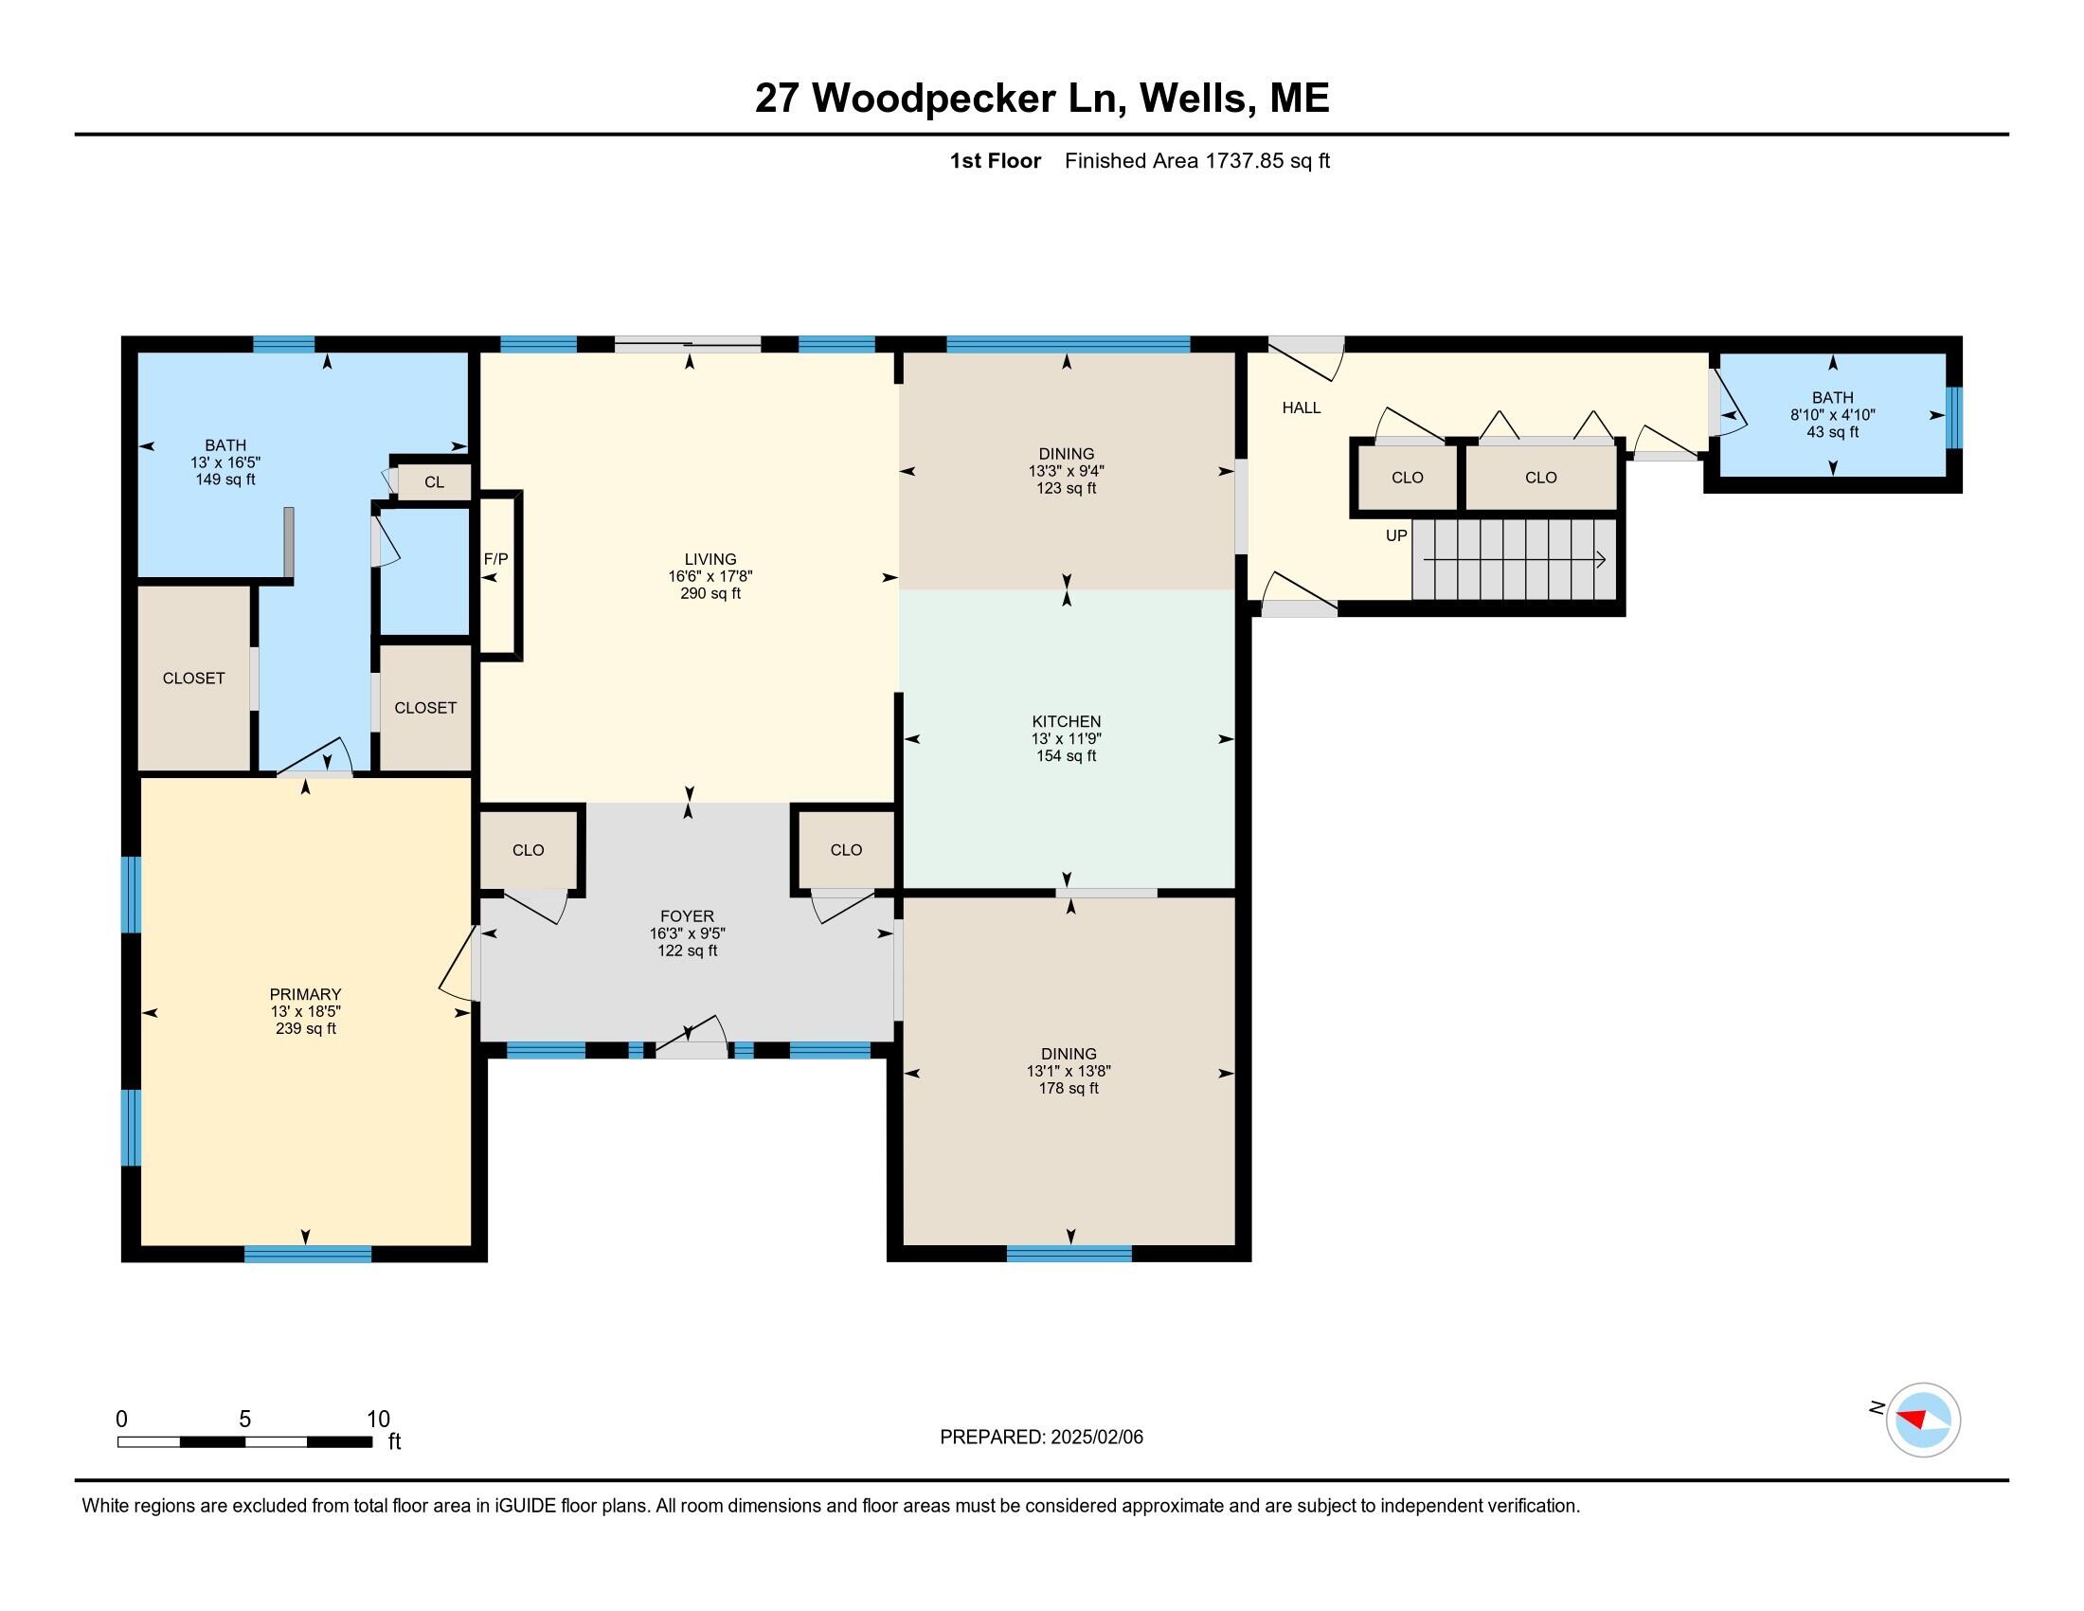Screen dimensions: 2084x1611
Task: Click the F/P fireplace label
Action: click(x=495, y=559)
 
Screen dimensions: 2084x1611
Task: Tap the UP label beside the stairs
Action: click(x=1396, y=535)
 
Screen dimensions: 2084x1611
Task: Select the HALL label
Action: click(x=1301, y=407)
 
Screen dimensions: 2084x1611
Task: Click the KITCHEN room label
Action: click(x=1066, y=721)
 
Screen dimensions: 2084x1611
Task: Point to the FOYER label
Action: click(x=687, y=916)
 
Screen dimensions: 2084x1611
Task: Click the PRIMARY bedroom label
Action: click(x=305, y=994)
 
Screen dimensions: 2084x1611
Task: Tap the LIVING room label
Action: click(x=710, y=559)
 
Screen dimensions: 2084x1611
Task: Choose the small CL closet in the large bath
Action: click(x=434, y=482)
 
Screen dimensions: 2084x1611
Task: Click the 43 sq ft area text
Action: click(x=1832, y=432)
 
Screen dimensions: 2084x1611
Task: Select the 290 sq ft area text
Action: click(x=710, y=593)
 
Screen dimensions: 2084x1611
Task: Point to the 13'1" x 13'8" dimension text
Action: click(x=1069, y=1072)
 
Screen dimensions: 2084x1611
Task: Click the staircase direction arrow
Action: click(x=1515, y=560)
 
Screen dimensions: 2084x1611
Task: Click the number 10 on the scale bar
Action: click(x=378, y=1420)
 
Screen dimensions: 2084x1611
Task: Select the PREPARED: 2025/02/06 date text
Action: click(x=1041, y=1438)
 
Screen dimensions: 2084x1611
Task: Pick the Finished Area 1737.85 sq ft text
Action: click(x=1196, y=160)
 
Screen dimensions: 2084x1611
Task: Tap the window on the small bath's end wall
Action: click(x=1954, y=417)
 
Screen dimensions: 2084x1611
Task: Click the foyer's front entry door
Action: click(x=692, y=1041)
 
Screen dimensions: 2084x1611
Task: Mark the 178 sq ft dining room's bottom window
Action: click(x=1069, y=1254)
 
